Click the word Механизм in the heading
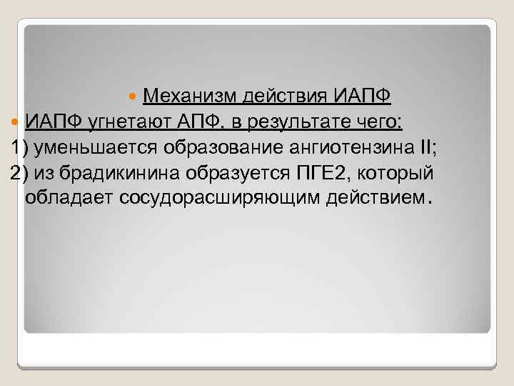tap(192, 96)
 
